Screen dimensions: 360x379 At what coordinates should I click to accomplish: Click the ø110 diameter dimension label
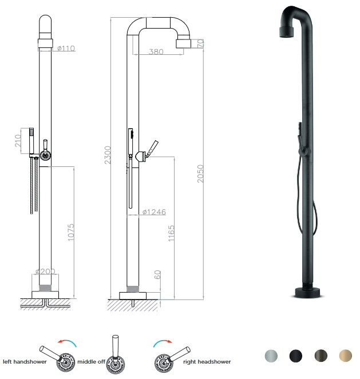tap(66, 49)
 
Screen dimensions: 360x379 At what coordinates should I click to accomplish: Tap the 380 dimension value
tap(156, 51)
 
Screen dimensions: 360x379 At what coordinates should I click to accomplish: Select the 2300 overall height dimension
tap(108, 155)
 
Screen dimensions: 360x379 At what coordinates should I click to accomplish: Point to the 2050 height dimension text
tap(200, 174)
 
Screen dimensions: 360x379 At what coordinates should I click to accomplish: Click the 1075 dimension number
tap(70, 232)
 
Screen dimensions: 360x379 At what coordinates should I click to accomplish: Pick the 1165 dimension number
tap(171, 233)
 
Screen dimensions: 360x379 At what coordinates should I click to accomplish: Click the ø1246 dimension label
tap(154, 212)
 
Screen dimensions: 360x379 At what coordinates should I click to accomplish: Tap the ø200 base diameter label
tap(45, 272)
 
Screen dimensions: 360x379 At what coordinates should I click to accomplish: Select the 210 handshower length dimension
tap(18, 141)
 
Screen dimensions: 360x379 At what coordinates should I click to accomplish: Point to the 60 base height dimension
tap(157, 274)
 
